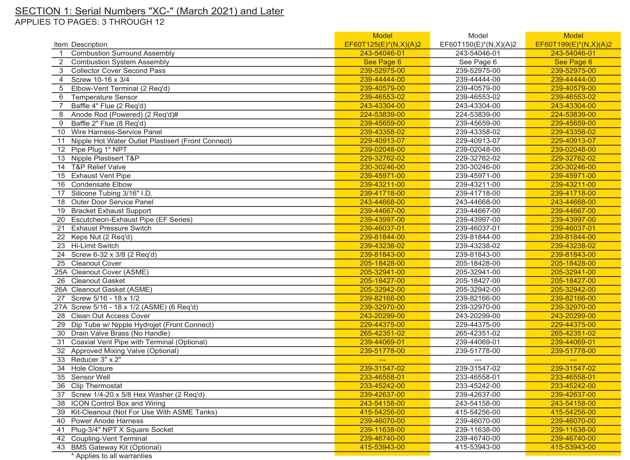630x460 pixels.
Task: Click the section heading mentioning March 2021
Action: coord(149,11)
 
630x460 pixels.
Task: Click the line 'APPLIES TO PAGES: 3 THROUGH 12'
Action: coord(90,22)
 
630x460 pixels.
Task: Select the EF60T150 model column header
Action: coord(478,40)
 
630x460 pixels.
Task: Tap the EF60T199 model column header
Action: coord(573,40)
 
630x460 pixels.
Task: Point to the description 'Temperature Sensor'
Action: coord(104,97)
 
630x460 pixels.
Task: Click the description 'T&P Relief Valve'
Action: coord(98,167)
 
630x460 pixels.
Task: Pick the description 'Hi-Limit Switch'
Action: coord(95,246)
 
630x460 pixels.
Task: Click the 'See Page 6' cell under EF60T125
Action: coord(382,62)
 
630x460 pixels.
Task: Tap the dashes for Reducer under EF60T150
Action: coord(478,360)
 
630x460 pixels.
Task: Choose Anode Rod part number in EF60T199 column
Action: coord(573,114)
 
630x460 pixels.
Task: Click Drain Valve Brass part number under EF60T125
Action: coord(382,333)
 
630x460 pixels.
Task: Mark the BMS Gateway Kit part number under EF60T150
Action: coord(478,447)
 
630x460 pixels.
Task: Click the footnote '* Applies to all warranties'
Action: coord(112,456)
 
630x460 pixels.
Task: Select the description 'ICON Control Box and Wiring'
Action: coord(118,403)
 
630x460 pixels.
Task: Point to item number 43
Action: coord(61,447)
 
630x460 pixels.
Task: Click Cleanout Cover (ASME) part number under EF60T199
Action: coord(573,272)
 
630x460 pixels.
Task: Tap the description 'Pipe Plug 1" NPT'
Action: coord(99,150)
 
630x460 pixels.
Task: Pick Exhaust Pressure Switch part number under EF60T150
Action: coord(478,228)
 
